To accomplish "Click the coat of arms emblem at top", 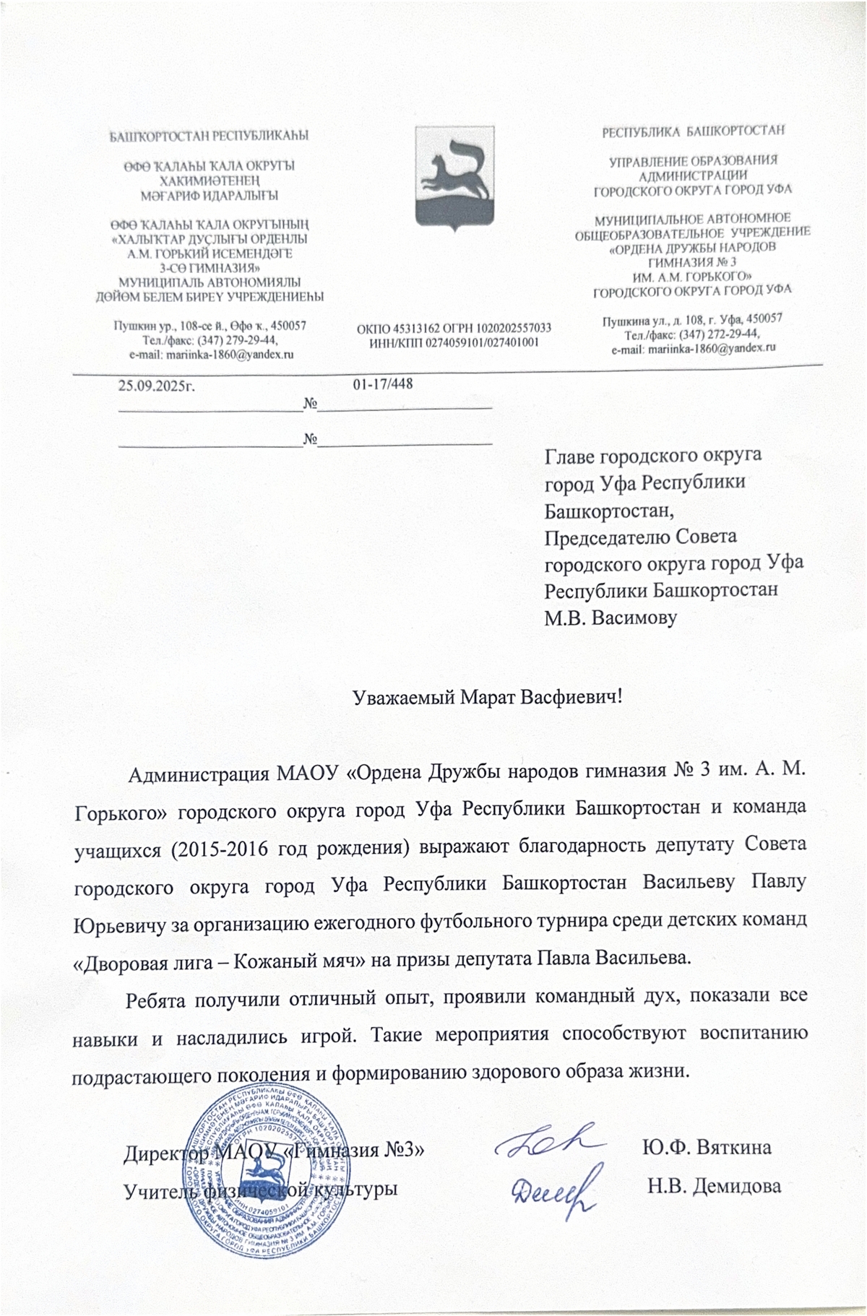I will (453, 178).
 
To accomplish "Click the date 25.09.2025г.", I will (158, 385).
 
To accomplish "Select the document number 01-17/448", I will (383, 384).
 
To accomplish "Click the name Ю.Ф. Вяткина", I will (707, 1148).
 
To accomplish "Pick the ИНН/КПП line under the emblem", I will (454, 342).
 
